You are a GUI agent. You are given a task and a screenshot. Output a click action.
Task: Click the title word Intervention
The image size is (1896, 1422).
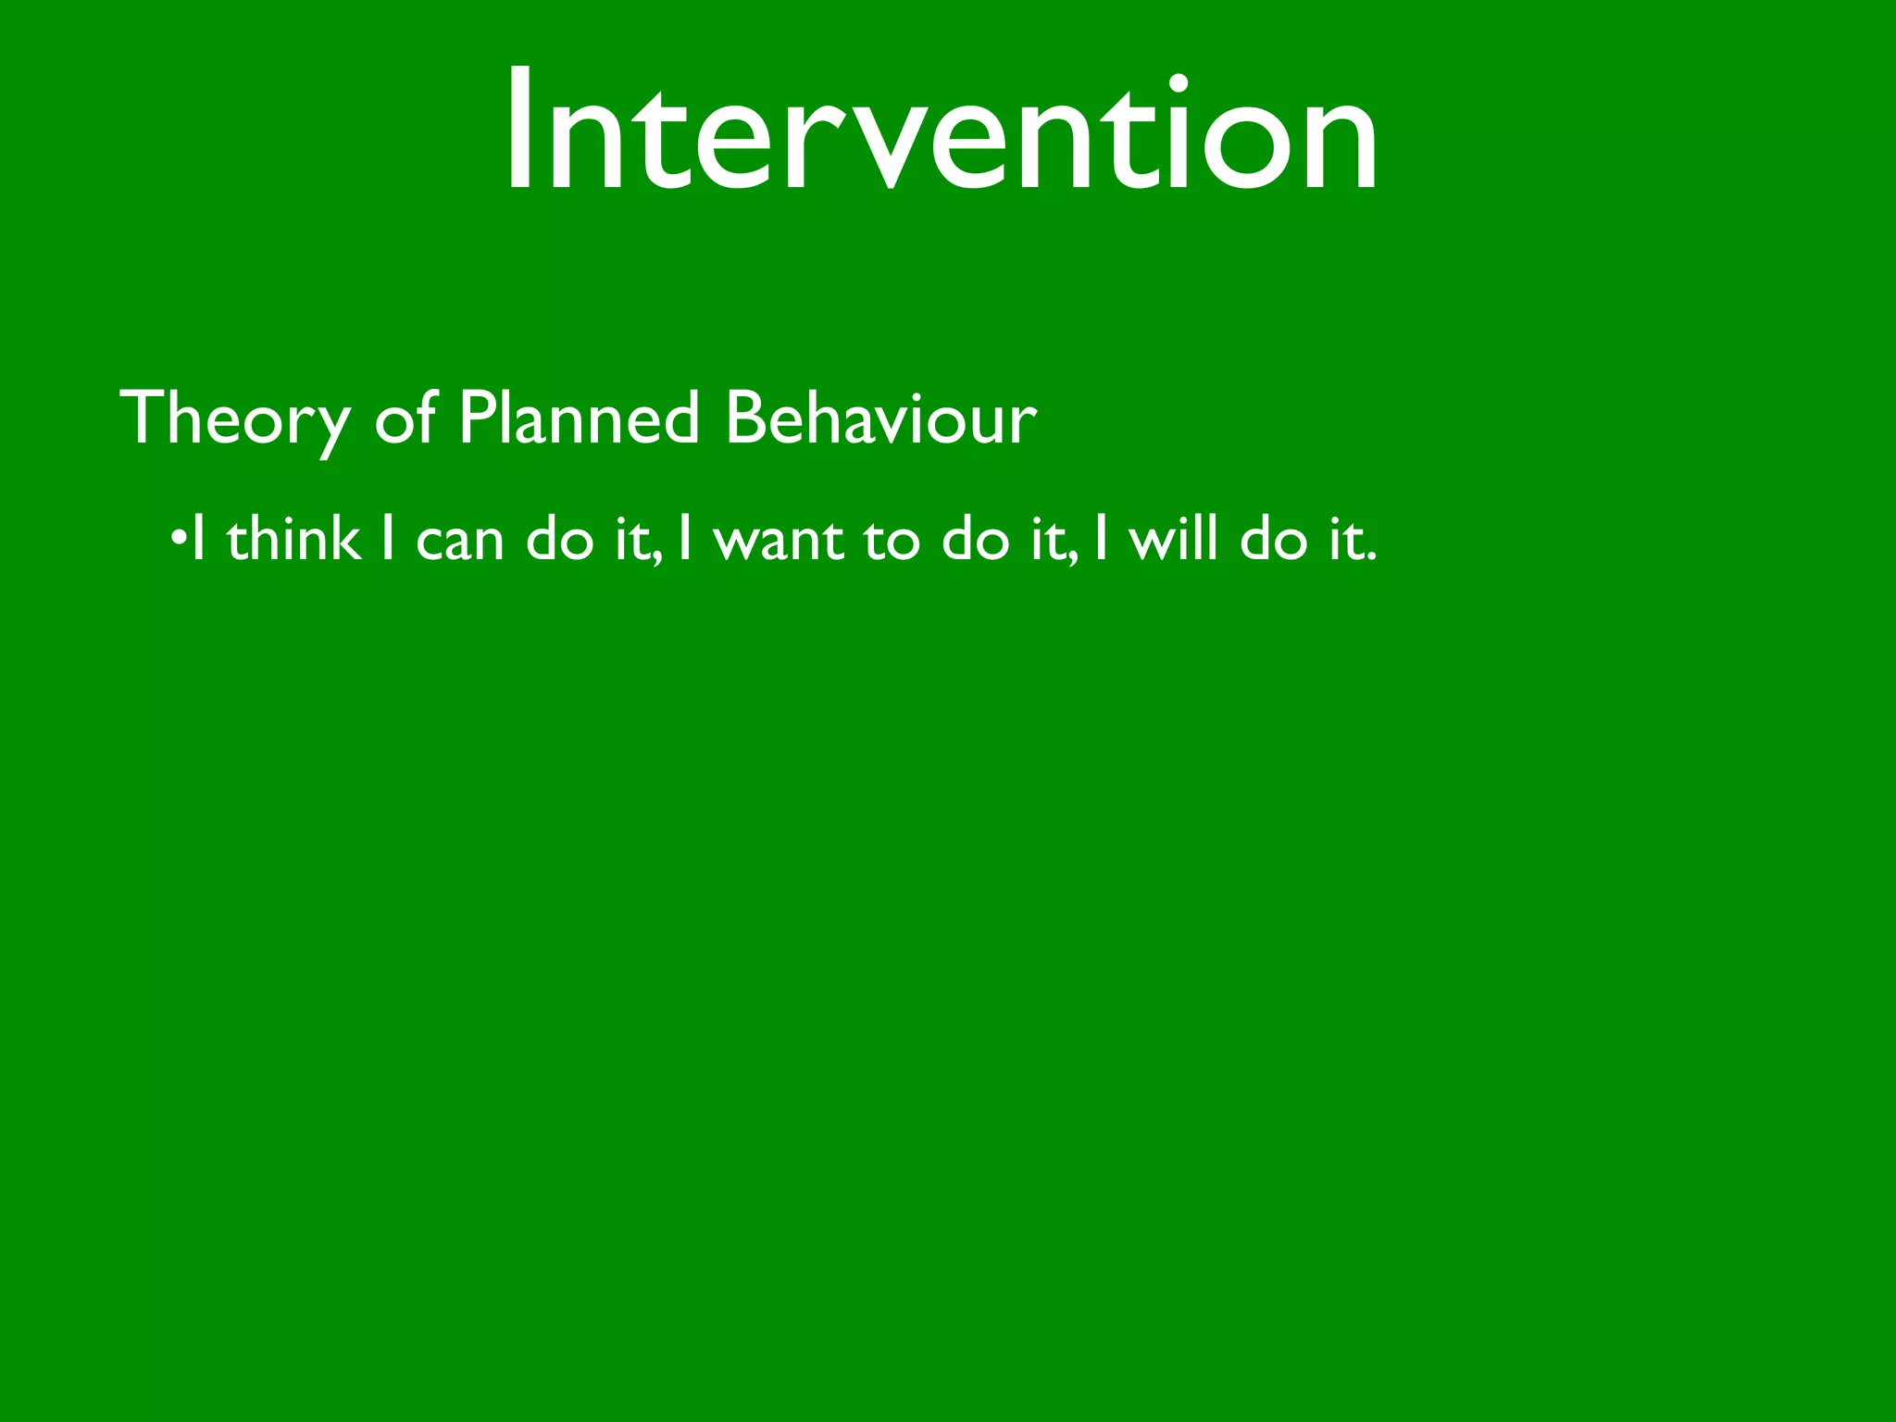[941, 130]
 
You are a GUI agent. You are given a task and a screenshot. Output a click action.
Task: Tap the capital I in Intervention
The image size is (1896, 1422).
[520, 130]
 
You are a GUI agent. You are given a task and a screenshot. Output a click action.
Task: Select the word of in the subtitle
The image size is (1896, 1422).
[405, 418]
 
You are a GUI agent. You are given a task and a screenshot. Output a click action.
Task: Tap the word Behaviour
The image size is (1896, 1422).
[880, 418]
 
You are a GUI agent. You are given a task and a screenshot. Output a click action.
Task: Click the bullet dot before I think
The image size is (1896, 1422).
[177, 540]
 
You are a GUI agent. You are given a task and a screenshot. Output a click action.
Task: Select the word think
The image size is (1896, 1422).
[293, 539]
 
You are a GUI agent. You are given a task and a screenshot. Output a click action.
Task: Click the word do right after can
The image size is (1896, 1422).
[559, 539]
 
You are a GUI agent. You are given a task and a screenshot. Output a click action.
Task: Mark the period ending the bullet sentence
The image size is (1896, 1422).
[1371, 558]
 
